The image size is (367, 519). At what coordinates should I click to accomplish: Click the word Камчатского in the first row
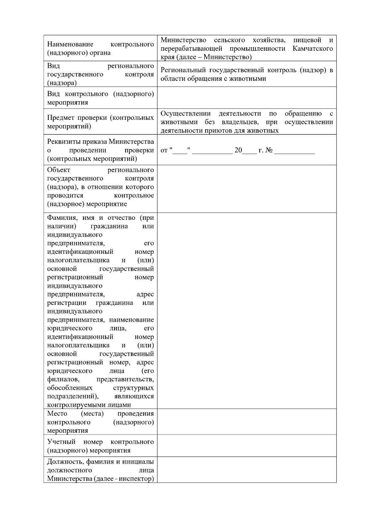pos(313,49)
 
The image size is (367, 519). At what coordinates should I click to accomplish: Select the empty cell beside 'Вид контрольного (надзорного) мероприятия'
pos(247,98)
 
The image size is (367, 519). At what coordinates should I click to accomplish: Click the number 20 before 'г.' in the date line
pos(238,150)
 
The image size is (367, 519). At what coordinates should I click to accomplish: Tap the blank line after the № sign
pos(295,151)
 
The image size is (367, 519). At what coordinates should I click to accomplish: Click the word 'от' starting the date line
pos(164,151)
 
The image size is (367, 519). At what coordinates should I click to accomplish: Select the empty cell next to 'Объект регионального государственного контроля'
pos(247,189)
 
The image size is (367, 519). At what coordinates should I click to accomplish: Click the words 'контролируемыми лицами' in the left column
pos(89,405)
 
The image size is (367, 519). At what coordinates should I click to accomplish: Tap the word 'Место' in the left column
pos(57,413)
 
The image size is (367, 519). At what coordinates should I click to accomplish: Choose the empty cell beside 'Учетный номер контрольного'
pos(247,446)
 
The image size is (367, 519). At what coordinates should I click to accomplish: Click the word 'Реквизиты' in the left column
pos(62,142)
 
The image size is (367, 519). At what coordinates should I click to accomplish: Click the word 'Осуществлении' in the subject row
pos(186,114)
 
